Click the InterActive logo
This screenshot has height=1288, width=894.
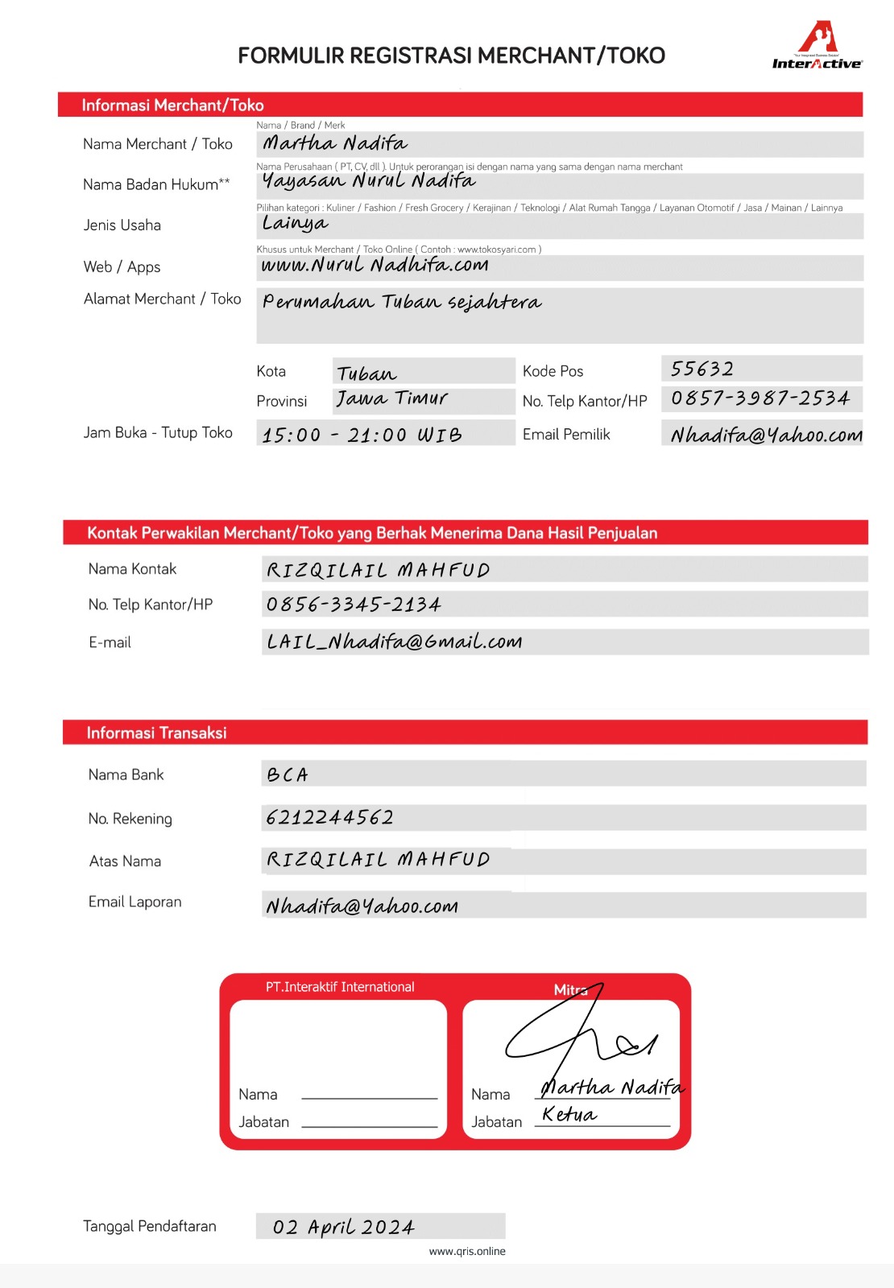pos(817,47)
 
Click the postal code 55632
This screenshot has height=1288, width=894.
pos(702,369)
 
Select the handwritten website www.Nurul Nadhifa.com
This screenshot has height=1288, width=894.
pos(375,265)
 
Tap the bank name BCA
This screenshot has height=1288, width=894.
pos(288,774)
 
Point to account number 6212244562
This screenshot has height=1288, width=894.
pos(330,818)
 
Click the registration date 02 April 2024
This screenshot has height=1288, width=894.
pos(344,1227)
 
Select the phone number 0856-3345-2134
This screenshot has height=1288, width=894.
pos(354,605)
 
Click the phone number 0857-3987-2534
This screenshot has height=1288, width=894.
pos(760,398)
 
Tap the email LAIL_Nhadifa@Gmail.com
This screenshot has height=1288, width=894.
pos(395,642)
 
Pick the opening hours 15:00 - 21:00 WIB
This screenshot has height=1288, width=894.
pos(362,435)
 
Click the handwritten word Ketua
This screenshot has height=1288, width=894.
pos(569,1114)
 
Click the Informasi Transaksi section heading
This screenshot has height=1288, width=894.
pos(157,733)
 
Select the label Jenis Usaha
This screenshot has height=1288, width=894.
pos(122,225)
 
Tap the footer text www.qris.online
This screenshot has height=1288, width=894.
pos(467,1251)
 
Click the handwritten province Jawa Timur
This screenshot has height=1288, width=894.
pos(392,398)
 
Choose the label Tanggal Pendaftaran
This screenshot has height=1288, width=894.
pos(150,1226)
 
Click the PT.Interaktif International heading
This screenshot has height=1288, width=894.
pos(340,987)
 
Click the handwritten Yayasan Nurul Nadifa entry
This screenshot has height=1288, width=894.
pos(369,180)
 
